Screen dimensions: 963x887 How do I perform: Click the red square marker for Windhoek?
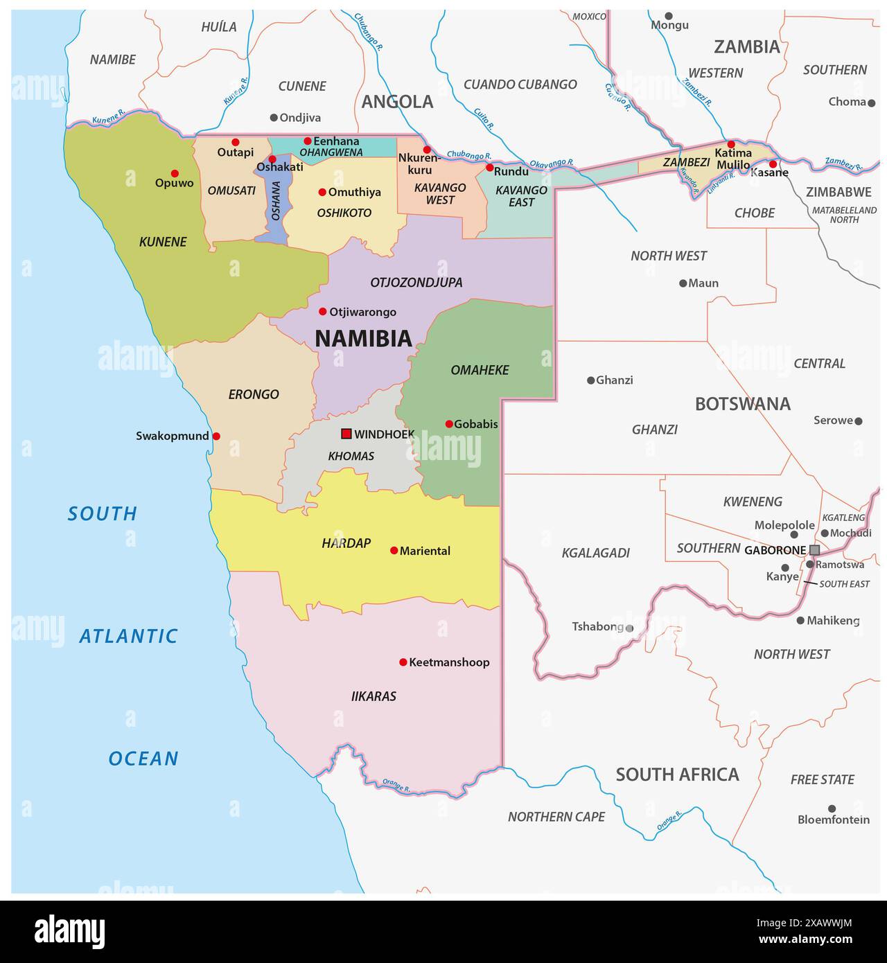click(346, 434)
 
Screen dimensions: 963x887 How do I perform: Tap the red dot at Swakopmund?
click(216, 436)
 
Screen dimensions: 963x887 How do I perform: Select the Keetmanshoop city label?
click(449, 662)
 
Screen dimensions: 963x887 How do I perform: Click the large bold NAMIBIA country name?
click(363, 339)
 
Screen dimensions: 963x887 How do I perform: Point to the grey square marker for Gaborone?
click(814, 549)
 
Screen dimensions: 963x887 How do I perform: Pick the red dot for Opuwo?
click(175, 173)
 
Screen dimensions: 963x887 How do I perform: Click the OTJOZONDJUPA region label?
click(416, 283)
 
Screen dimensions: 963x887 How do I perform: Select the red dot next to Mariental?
click(394, 550)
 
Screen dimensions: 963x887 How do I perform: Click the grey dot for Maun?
click(683, 283)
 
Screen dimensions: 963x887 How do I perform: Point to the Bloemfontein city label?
click(833, 820)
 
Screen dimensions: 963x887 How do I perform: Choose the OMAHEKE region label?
click(480, 370)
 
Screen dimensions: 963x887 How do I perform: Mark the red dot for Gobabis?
click(449, 424)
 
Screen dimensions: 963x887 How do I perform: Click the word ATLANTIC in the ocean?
click(128, 636)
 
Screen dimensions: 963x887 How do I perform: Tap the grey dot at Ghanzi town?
click(590, 380)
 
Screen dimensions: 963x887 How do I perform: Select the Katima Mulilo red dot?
click(730, 144)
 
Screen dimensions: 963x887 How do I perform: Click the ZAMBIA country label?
click(746, 47)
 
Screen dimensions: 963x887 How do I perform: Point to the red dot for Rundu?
click(489, 168)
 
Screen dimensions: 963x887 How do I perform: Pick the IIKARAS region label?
click(374, 696)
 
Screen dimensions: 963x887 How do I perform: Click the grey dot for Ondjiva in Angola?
click(274, 118)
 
